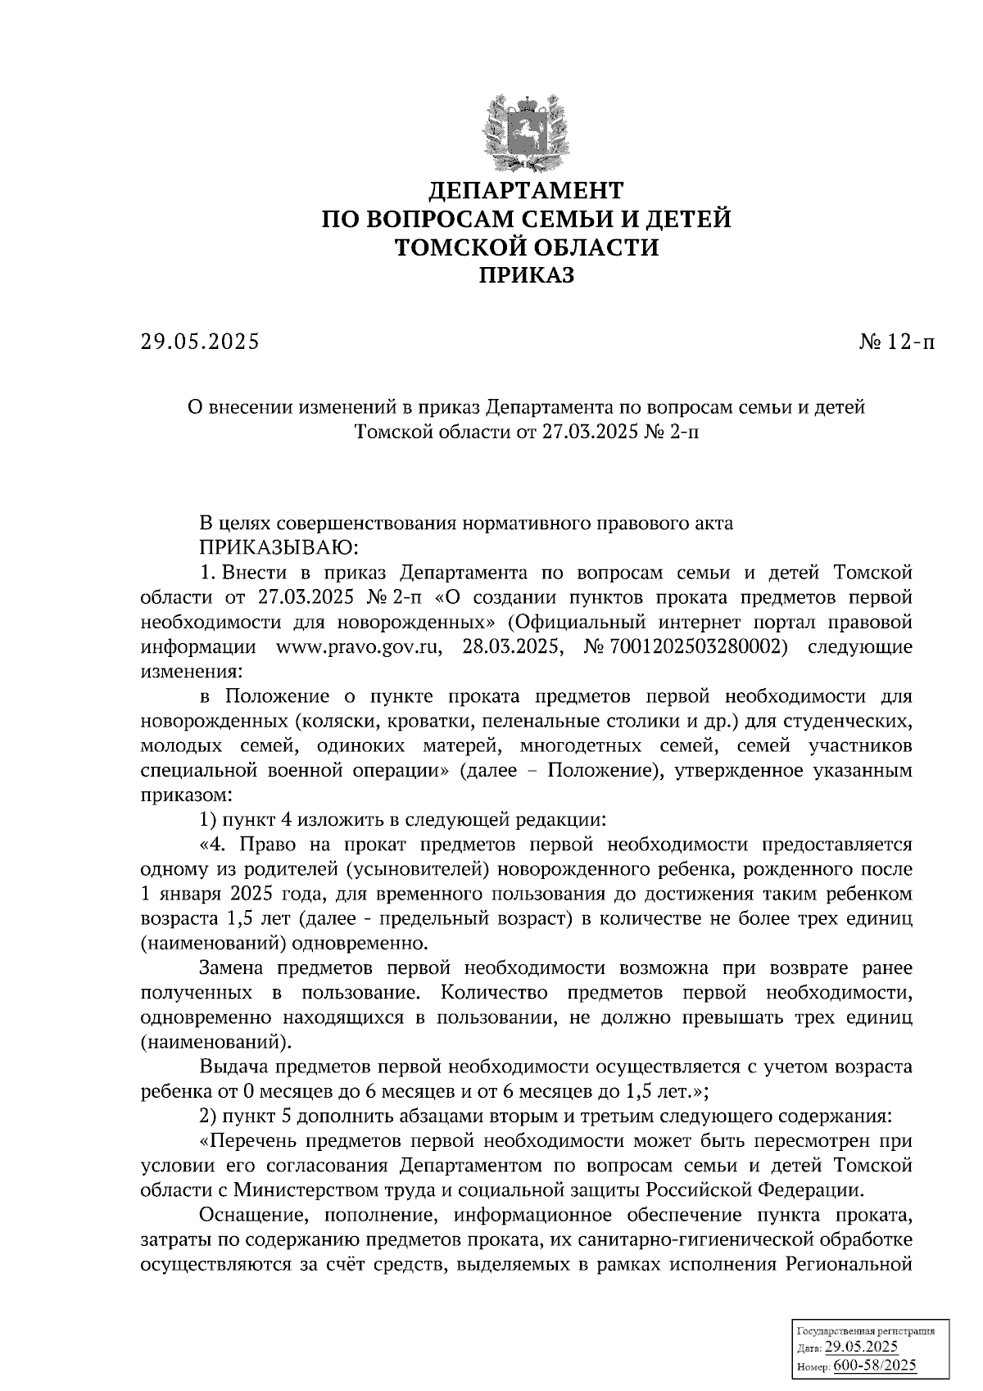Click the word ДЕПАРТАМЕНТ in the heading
pos(527,191)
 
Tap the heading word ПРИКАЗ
pos(527,276)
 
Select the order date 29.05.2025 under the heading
pos(199,342)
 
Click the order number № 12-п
pos(895,342)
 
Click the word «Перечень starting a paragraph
pos(250,1140)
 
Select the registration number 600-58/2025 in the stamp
pos(875,1366)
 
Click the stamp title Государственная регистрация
pos(866,1331)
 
